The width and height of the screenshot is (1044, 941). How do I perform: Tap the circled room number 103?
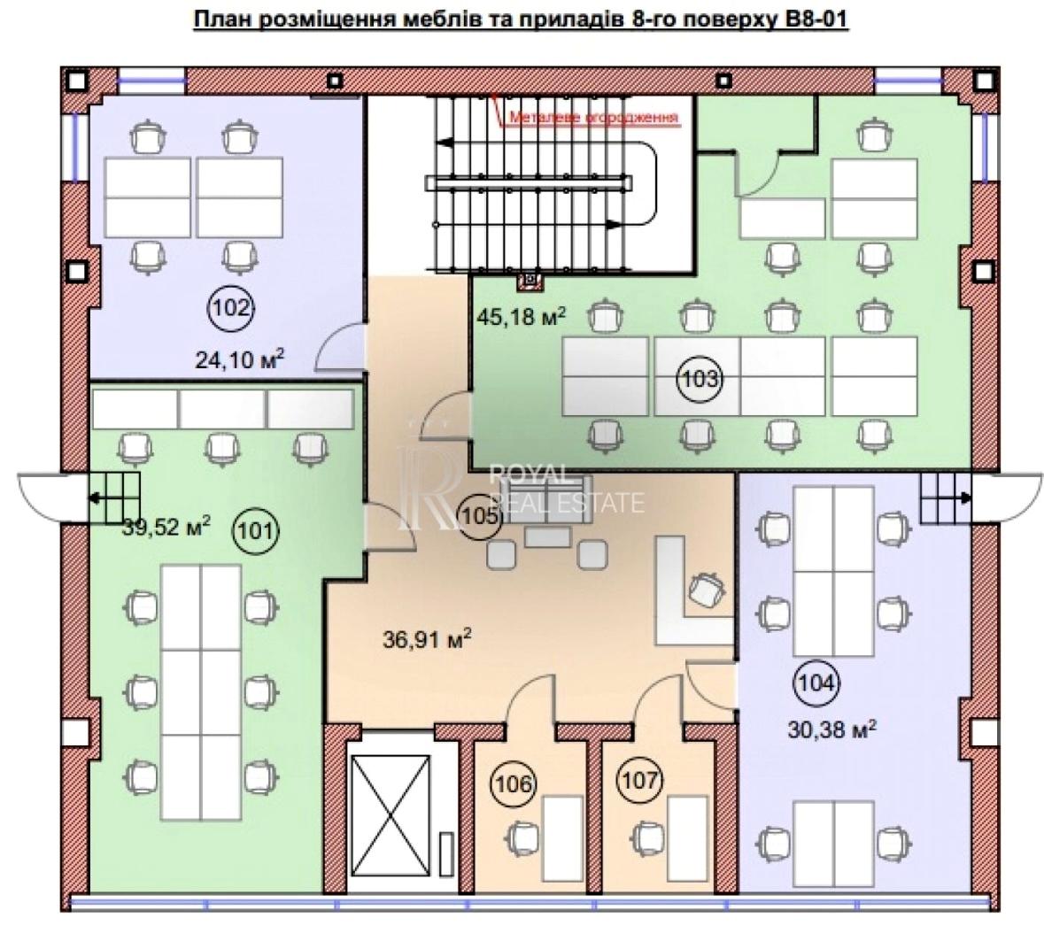(700, 379)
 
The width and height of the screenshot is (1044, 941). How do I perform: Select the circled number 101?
(256, 530)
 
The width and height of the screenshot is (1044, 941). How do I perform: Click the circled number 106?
(514, 783)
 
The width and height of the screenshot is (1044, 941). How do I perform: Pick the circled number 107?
(640, 779)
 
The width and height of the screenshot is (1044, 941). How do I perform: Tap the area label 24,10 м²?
(240, 359)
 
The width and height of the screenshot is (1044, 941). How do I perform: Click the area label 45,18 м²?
(522, 315)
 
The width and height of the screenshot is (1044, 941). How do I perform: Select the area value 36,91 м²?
(428, 639)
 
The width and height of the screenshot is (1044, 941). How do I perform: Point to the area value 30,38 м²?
(832, 729)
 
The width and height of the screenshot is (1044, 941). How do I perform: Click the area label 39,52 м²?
(166, 527)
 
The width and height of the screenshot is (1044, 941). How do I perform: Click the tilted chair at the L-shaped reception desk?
(707, 590)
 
